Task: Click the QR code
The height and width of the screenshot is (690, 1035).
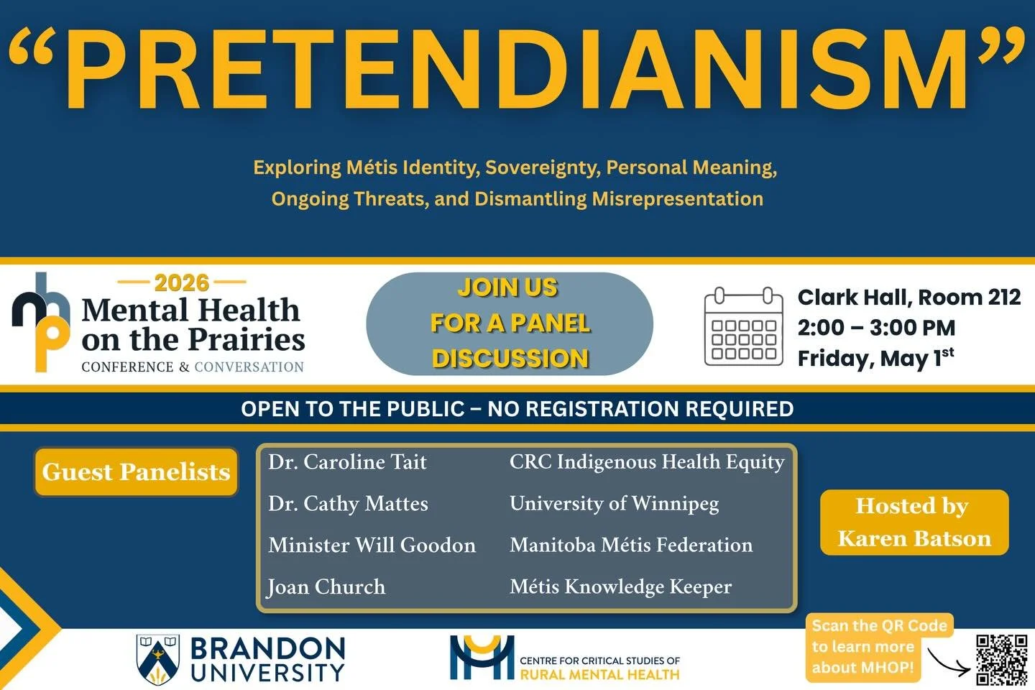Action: (1001, 659)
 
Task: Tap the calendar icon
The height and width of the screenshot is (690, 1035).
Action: (743, 326)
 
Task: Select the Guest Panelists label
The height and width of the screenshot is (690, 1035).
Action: (136, 472)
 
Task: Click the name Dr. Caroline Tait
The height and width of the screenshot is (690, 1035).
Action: (347, 462)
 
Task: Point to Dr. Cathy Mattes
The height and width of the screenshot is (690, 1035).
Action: (348, 504)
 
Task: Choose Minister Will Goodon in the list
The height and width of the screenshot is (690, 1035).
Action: (372, 546)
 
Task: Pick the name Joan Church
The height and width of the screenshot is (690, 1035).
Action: (326, 587)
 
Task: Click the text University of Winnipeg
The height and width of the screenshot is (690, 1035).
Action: (614, 504)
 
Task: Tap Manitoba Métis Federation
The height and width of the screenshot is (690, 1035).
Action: (631, 546)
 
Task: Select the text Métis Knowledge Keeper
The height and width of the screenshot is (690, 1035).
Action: (620, 587)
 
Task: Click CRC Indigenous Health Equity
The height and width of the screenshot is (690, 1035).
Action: (647, 462)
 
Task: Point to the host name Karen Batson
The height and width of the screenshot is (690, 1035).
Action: (914, 539)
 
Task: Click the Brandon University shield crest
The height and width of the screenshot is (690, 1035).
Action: (158, 658)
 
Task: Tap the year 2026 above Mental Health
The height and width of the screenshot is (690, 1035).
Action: (181, 282)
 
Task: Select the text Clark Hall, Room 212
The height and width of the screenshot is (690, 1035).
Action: (908, 297)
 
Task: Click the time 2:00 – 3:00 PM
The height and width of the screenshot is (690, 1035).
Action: (876, 328)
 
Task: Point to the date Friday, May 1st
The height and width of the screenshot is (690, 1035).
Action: (875, 357)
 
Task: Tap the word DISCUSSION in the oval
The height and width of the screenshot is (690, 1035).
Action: (510, 358)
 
